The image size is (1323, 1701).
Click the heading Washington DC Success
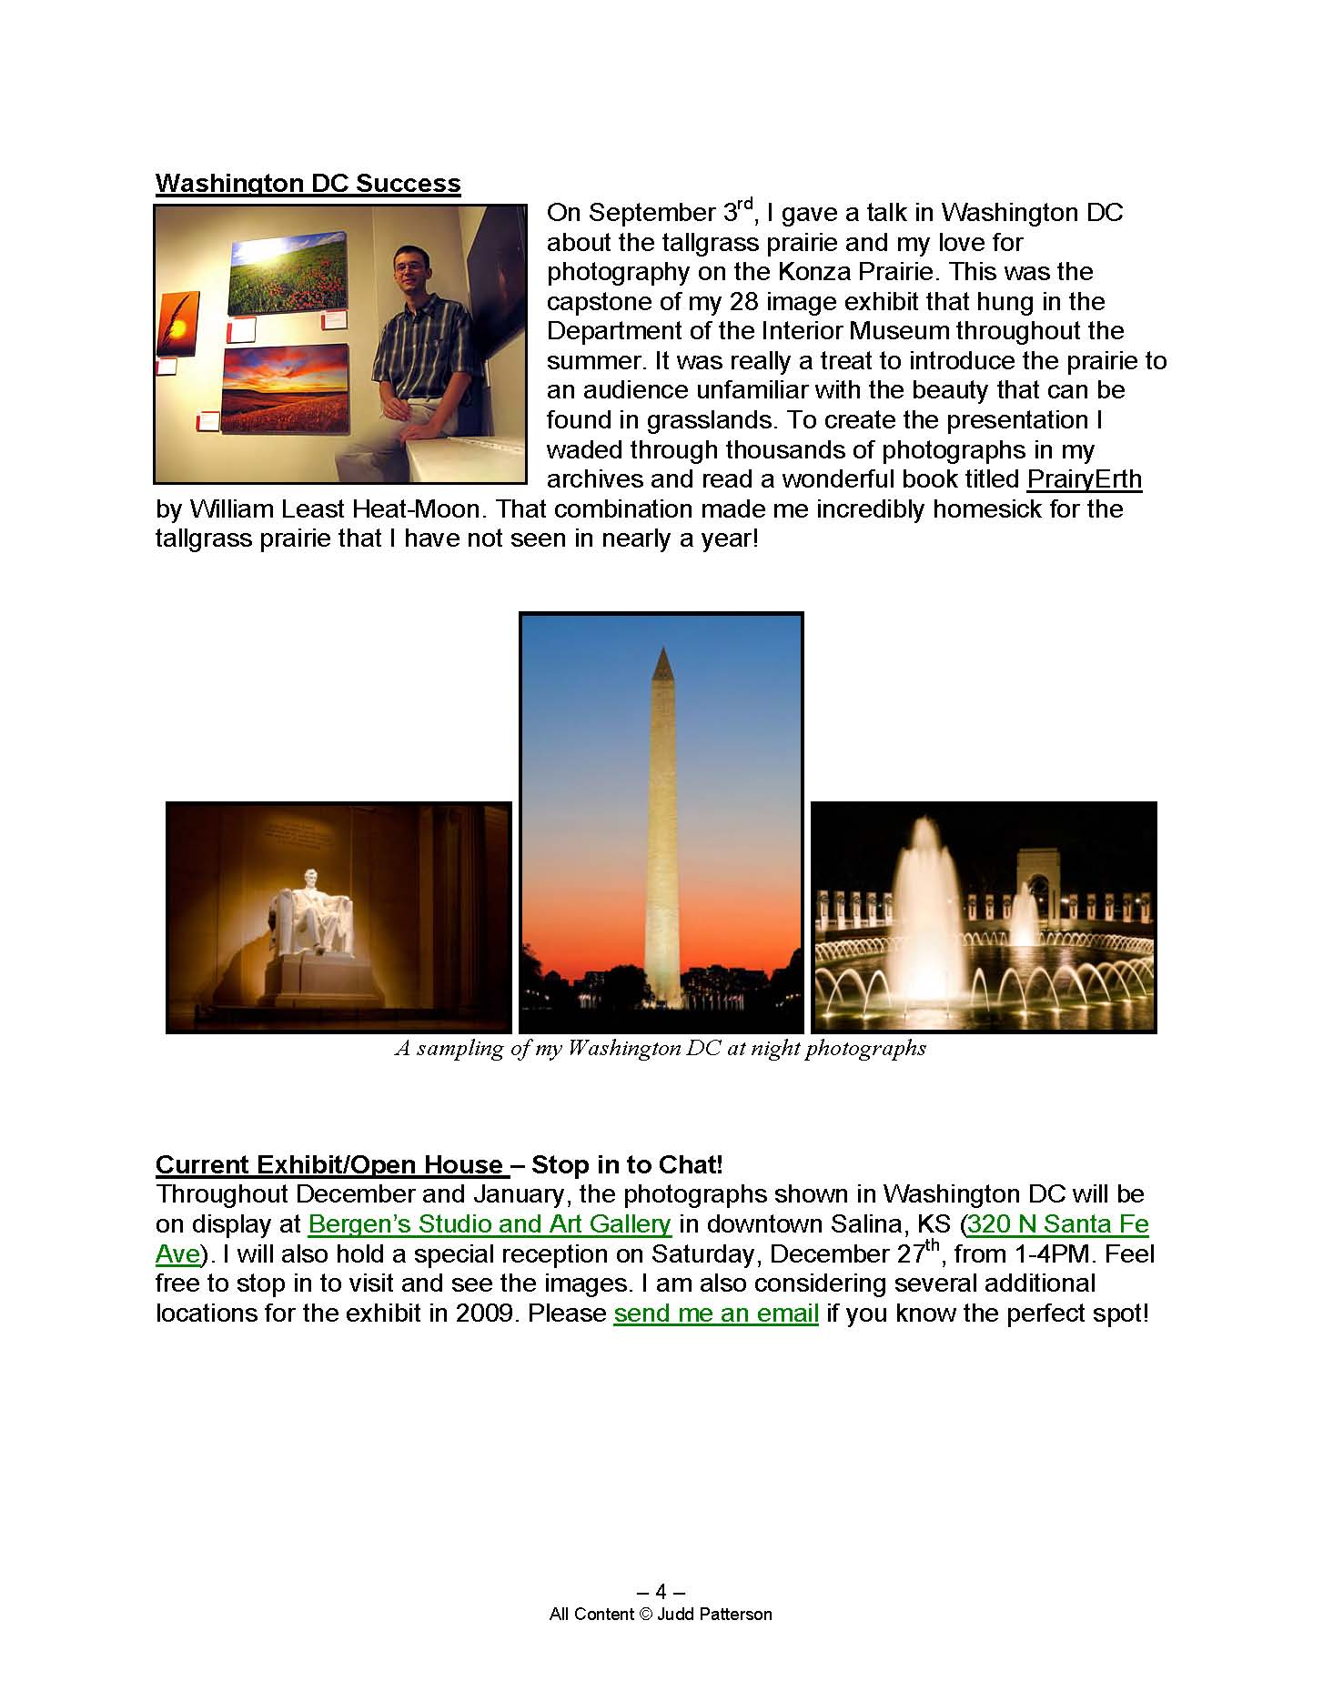(308, 183)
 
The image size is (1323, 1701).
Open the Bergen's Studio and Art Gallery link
(490, 1224)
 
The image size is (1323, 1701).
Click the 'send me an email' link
(716, 1313)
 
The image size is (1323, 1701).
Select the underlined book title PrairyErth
(1084, 479)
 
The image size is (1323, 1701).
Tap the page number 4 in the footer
(661, 1591)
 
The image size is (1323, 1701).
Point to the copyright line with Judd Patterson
(661, 1615)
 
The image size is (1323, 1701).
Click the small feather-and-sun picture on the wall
(178, 324)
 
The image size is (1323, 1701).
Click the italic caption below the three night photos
(661, 1049)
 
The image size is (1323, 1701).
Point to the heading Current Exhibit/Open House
(329, 1165)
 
